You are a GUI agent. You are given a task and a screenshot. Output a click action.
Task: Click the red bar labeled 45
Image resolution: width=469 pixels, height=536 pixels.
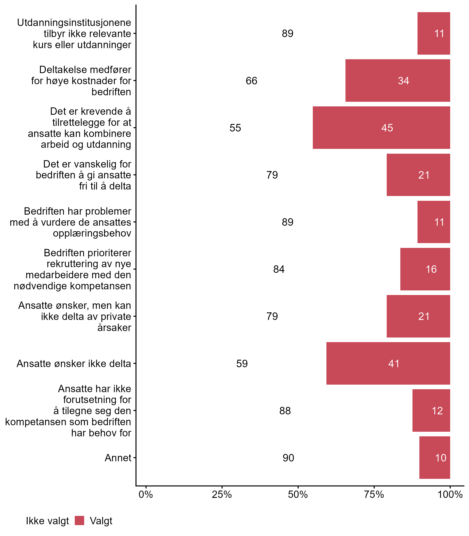point(381,128)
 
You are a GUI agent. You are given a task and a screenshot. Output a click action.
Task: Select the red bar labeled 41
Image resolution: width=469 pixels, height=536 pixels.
point(388,363)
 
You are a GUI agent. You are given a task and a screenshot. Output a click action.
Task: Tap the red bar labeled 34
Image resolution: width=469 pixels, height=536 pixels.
point(398,81)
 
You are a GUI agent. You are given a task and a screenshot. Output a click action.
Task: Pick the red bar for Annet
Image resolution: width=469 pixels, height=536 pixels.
point(434,457)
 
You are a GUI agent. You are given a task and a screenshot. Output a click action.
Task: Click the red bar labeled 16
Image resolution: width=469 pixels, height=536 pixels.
point(425,269)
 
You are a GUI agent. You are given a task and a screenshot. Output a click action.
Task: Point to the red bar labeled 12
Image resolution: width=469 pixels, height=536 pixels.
point(431,410)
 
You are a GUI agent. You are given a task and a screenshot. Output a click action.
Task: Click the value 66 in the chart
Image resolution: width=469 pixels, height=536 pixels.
point(251,81)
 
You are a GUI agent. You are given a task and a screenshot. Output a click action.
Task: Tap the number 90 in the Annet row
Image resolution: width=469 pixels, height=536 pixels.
point(288,458)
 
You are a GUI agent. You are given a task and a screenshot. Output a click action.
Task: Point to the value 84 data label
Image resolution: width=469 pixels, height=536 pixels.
point(279,269)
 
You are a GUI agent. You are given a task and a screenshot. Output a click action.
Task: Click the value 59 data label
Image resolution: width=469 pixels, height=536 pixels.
point(242,363)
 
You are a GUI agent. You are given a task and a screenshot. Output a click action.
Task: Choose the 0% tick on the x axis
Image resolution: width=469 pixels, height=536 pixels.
point(146,495)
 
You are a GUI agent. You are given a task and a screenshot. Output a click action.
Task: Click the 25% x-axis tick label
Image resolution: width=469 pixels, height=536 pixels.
point(222,495)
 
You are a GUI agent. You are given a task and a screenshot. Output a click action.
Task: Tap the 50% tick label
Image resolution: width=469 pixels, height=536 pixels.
point(298,495)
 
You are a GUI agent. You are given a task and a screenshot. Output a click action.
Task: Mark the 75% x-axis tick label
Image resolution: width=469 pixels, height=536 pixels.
point(374,495)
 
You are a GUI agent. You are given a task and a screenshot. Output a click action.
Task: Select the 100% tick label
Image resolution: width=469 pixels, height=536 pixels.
point(450,495)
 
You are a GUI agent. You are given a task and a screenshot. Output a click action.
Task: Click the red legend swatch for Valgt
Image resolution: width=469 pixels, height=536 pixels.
point(79,521)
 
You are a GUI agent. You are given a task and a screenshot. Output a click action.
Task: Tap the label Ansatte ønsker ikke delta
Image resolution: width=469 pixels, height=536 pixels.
point(73,363)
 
